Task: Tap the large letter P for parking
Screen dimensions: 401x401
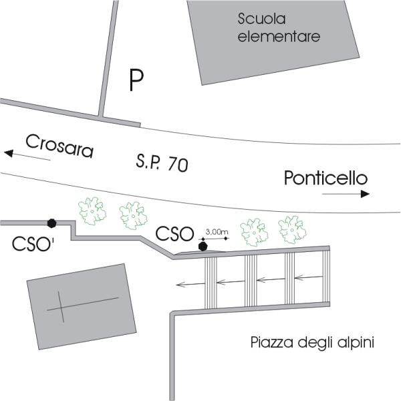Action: (136, 81)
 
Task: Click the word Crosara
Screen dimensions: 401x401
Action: (59, 145)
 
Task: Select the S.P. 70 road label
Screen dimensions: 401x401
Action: (161, 163)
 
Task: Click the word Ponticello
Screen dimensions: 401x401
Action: (325, 178)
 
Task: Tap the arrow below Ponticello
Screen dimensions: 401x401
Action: (346, 194)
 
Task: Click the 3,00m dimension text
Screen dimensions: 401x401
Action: (217, 232)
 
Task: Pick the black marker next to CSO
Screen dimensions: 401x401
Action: (204, 246)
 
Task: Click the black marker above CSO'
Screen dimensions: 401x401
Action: (51, 223)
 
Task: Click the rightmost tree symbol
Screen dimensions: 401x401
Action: (291, 229)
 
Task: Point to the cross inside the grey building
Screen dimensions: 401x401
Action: (65, 307)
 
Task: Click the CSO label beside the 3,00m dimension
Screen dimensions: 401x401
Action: (174, 234)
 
